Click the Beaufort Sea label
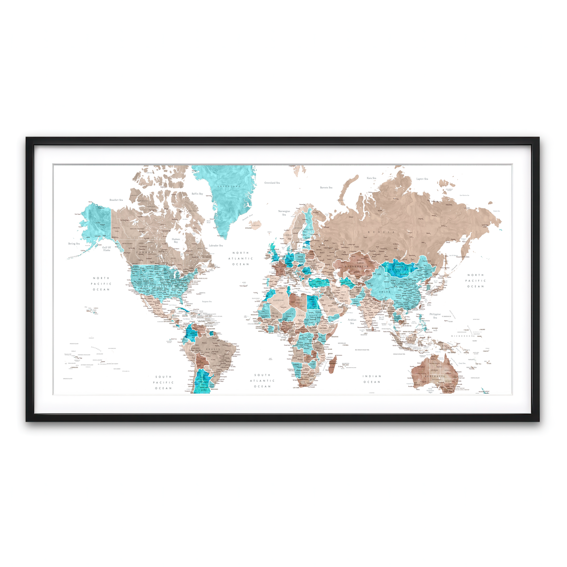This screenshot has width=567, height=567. click(116, 200)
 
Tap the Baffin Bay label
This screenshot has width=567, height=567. click(197, 194)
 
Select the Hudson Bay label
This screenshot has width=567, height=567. click(176, 241)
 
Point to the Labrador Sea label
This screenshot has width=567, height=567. click(215, 245)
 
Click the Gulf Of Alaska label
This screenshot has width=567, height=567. click(107, 249)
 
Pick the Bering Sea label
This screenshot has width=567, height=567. click(74, 244)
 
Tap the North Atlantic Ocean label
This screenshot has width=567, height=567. click(241, 258)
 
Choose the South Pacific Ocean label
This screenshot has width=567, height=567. click(163, 383)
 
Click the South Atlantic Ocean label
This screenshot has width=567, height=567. click(262, 381)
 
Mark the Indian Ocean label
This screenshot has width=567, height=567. click(372, 379)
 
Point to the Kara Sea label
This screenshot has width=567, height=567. click(371, 178)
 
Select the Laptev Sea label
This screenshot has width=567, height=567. click(422, 179)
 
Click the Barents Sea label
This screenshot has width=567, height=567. click(326, 188)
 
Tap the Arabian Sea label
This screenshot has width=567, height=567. click(352, 321)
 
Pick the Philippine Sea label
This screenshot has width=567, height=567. click(435, 316)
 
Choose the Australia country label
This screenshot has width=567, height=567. click(434, 377)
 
